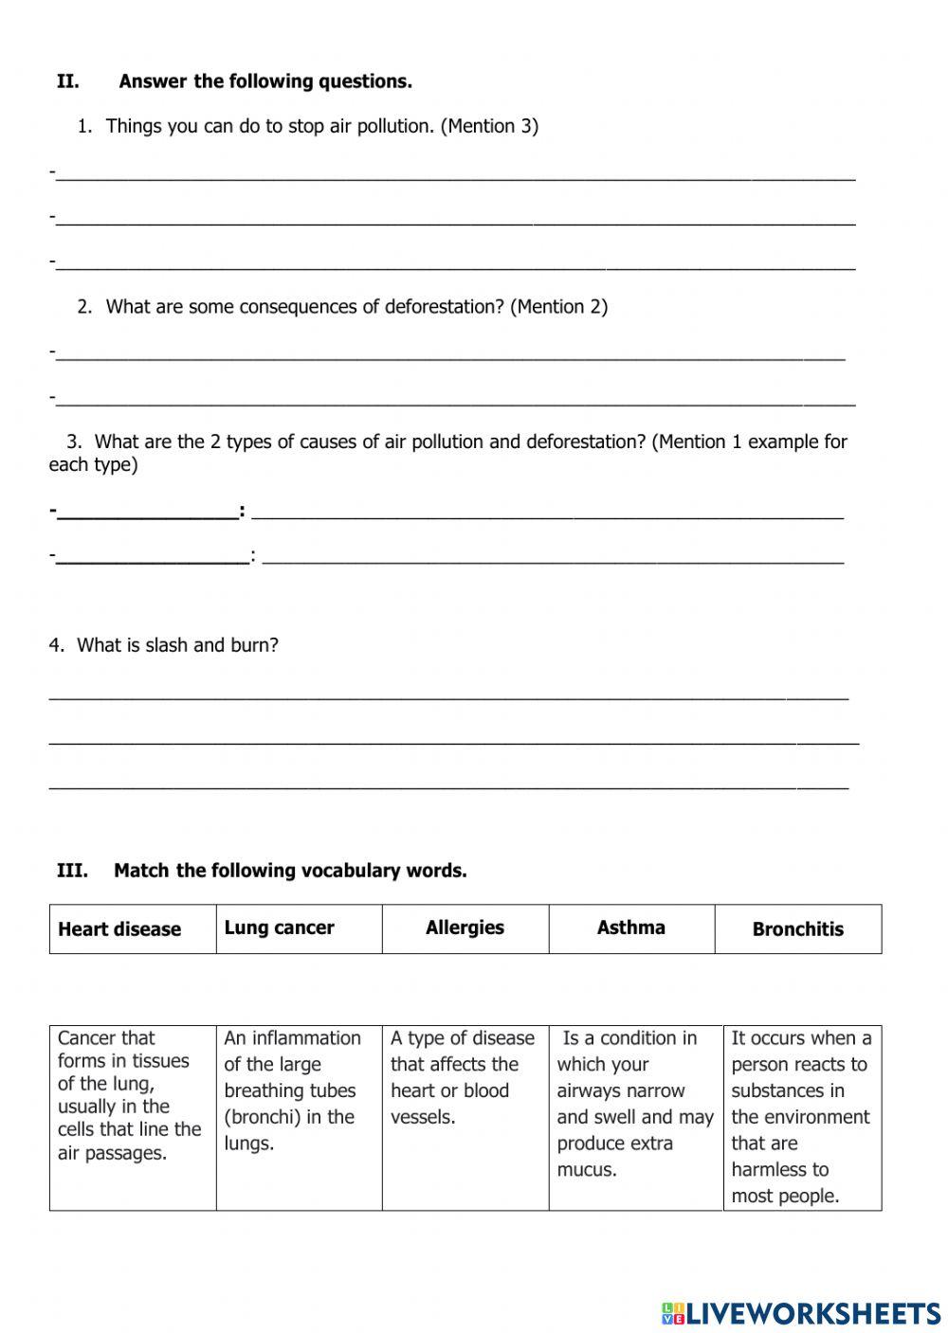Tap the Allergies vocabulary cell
click(465, 928)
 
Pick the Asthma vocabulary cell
click(631, 928)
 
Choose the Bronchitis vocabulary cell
click(797, 928)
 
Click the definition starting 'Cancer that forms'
click(130, 1095)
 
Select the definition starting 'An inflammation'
click(292, 1090)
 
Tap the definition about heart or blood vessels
click(463, 1077)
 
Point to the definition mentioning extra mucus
click(634, 1104)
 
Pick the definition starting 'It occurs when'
click(801, 1117)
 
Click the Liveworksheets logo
click(801, 1312)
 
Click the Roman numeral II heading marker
click(67, 81)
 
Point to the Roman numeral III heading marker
click(72, 871)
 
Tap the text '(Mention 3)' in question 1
click(489, 126)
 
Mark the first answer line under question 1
click(455, 176)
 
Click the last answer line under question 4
click(448, 786)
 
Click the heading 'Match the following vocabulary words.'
click(290, 871)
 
